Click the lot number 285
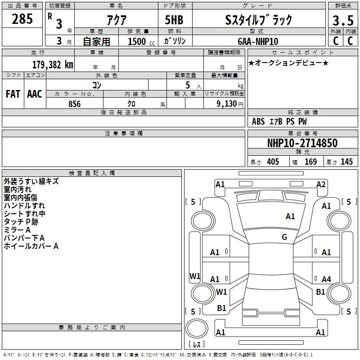click(22, 19)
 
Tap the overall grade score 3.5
click(342, 21)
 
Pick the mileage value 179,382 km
click(53, 64)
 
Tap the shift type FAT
click(13, 94)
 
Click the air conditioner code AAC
click(35, 94)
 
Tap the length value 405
click(272, 162)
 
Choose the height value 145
click(346, 162)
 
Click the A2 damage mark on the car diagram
click(320, 184)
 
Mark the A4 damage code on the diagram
click(326, 279)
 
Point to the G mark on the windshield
click(284, 237)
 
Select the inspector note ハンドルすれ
click(24, 206)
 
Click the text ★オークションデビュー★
click(288, 63)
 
